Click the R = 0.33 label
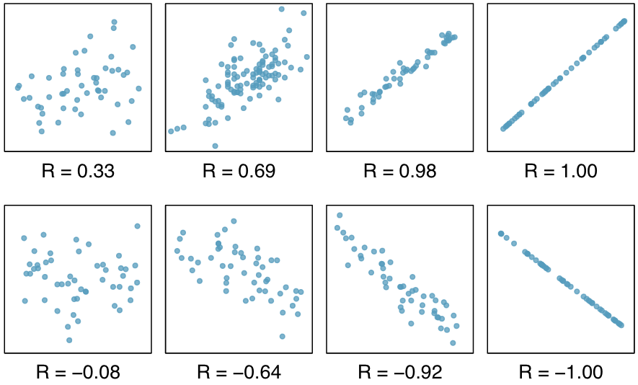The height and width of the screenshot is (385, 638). pyautogui.click(x=78, y=172)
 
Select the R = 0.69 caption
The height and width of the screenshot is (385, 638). pyautogui.click(x=239, y=172)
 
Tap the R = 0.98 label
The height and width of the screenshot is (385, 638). pyautogui.click(x=399, y=172)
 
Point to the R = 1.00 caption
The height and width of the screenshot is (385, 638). pyautogui.click(x=560, y=172)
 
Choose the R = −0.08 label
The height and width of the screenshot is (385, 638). pyautogui.click(x=78, y=372)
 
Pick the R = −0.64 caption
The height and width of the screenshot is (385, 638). pyautogui.click(x=239, y=372)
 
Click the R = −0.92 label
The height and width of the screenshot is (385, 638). pyautogui.click(x=399, y=372)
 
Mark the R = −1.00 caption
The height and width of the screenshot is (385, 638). pyautogui.click(x=560, y=372)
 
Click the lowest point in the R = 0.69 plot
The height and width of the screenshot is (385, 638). pyautogui.click(x=215, y=146)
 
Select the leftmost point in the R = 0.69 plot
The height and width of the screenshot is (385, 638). pyautogui.click(x=171, y=131)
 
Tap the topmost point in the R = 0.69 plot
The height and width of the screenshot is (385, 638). pyautogui.click(x=281, y=9)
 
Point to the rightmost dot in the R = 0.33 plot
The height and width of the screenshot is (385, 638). pyautogui.click(x=138, y=88)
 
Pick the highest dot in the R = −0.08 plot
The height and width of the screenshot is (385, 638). pyautogui.click(x=137, y=226)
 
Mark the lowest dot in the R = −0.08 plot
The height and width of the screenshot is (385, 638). pyautogui.click(x=69, y=340)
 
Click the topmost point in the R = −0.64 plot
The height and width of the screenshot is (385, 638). pyautogui.click(x=234, y=221)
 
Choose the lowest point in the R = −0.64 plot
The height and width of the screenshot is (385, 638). pyautogui.click(x=282, y=336)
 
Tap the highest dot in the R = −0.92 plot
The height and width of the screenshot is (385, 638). pyautogui.click(x=340, y=215)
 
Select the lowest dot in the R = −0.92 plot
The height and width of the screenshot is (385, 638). pyautogui.click(x=453, y=342)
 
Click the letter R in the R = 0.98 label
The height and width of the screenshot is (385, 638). pyautogui.click(x=370, y=172)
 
